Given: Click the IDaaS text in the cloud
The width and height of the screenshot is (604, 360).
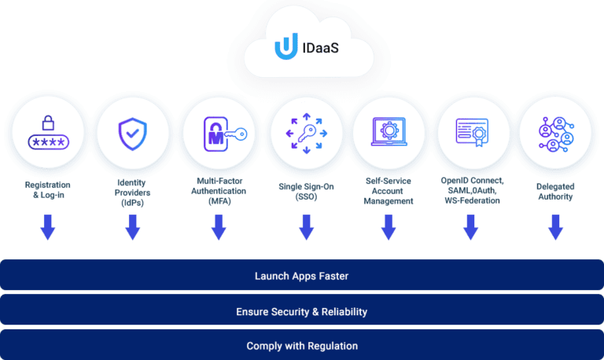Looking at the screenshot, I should pyautogui.click(x=319, y=48).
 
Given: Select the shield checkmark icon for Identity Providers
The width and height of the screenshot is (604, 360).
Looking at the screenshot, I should pyautogui.click(x=132, y=133).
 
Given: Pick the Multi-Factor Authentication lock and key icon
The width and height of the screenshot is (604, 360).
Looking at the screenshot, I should pyautogui.click(x=219, y=133).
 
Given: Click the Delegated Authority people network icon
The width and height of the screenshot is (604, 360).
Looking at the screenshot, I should pyautogui.click(x=556, y=133).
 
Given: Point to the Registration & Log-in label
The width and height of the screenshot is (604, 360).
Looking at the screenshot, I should pyautogui.click(x=48, y=190).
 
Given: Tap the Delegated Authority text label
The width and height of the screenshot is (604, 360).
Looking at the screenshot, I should pyautogui.click(x=556, y=191).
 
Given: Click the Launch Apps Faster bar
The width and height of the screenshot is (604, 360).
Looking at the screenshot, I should pyautogui.click(x=302, y=276).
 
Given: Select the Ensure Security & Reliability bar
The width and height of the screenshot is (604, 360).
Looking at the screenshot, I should pyautogui.click(x=302, y=311).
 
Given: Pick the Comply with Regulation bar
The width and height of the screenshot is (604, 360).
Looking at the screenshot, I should pyautogui.click(x=302, y=345).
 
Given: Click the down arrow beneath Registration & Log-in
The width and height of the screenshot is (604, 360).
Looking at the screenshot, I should pyautogui.click(x=48, y=228).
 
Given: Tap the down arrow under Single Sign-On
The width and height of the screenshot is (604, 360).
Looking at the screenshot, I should pyautogui.click(x=306, y=228).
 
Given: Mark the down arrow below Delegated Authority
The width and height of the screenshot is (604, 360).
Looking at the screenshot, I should pyautogui.click(x=556, y=228).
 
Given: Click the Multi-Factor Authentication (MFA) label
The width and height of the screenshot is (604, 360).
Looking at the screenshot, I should pyautogui.click(x=219, y=191).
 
